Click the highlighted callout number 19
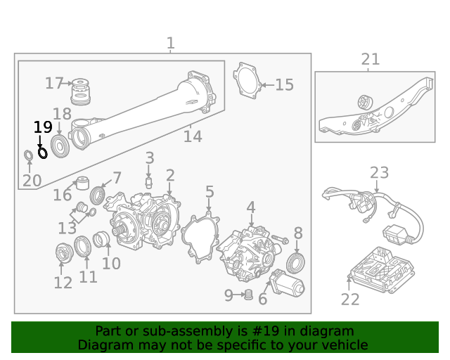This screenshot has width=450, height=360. point(43,127)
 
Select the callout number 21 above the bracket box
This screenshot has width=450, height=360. point(370,60)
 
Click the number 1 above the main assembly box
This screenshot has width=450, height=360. point(170,44)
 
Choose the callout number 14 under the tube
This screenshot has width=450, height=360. point(193,136)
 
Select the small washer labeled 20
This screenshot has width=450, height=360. point(28,155)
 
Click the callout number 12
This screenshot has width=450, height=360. point(63,283)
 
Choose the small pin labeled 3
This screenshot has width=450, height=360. point(149,182)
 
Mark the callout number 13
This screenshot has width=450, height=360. point(67,228)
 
